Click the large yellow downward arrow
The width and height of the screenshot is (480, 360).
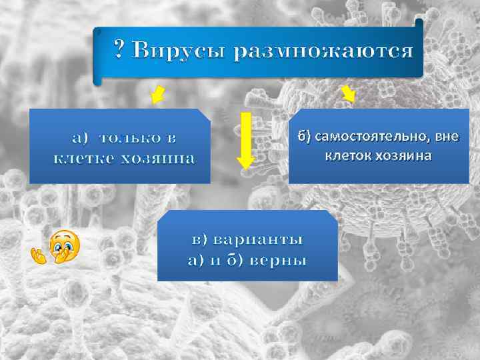pyautogui.click(x=246, y=139)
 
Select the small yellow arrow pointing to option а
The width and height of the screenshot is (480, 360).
pyautogui.click(x=158, y=94)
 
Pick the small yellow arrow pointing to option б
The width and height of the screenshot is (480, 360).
pyautogui.click(x=348, y=95)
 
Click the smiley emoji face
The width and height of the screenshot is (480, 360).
pyautogui.click(x=65, y=245)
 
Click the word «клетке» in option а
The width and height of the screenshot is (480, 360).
pyautogui.click(x=83, y=159)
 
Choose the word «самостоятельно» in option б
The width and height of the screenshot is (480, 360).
pyautogui.click(x=373, y=137)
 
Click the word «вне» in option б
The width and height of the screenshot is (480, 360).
pyautogui.click(x=446, y=137)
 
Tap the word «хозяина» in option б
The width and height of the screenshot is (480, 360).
pyautogui.click(x=402, y=156)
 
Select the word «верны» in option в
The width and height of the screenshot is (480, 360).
pyautogui.click(x=278, y=260)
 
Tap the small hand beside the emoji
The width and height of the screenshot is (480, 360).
pyautogui.click(x=39, y=254)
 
